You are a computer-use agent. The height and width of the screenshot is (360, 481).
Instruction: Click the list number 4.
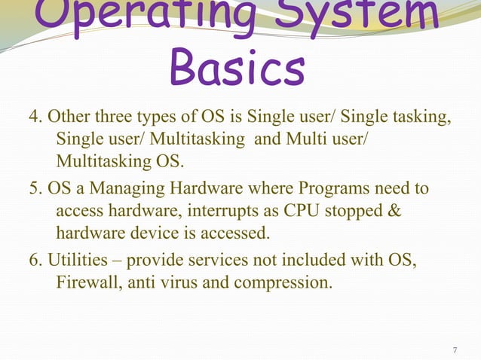pyautogui.click(x=33, y=118)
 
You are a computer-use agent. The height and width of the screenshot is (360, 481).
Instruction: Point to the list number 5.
pyautogui.click(x=33, y=188)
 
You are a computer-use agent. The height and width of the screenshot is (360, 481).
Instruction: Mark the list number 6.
pyautogui.click(x=33, y=261)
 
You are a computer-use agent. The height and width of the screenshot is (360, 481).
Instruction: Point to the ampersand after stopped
pyautogui.click(x=394, y=212)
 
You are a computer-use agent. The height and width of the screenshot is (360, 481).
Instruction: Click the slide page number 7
pyautogui.click(x=455, y=351)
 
